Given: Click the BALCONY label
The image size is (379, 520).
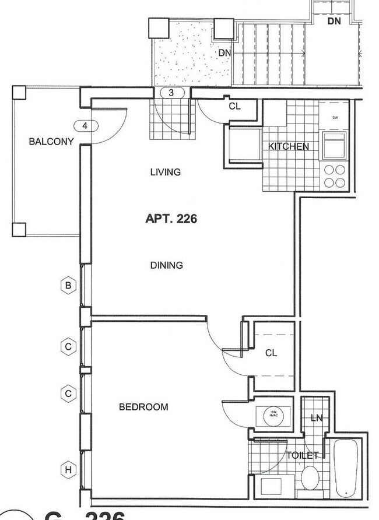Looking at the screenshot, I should (x=52, y=141).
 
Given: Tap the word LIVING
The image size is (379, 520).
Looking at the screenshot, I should (x=165, y=172).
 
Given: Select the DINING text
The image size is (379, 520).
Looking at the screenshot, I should (x=167, y=265).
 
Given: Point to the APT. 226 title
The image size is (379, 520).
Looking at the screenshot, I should (x=171, y=219).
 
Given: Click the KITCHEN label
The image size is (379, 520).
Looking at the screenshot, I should (x=288, y=147).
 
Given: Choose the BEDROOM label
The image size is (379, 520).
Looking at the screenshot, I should (x=143, y=407).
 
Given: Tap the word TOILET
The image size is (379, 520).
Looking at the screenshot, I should (x=302, y=455).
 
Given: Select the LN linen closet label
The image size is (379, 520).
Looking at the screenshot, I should (x=317, y=417).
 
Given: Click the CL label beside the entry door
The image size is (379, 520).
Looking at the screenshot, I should (x=234, y=106).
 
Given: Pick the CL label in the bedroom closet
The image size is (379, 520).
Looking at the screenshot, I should (x=271, y=353).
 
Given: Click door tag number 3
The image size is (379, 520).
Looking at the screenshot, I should (x=171, y=93).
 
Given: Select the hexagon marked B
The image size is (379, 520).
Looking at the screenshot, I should (x=68, y=285).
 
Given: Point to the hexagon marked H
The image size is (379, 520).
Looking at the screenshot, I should (x=68, y=470).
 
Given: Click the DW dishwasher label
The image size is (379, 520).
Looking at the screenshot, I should (x=335, y=118).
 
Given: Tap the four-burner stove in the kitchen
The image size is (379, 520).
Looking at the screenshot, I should (x=335, y=177).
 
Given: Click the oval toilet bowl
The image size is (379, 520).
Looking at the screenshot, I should (x=310, y=479).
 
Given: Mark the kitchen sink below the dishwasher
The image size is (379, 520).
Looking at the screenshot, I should (x=335, y=145).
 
